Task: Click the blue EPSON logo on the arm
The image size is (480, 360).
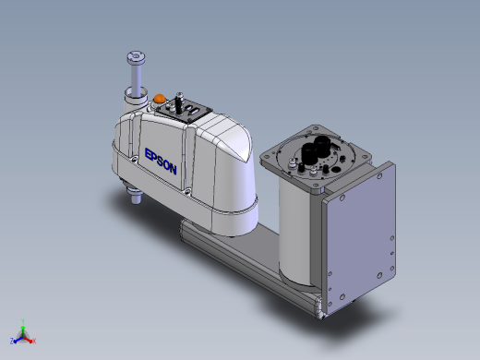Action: pyautogui.click(x=161, y=162)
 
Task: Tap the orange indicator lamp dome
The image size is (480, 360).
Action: pyautogui.click(x=160, y=99)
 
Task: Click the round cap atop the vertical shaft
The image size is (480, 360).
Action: pyautogui.click(x=136, y=57)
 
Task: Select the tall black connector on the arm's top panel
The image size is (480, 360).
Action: pyautogui.click(x=178, y=102)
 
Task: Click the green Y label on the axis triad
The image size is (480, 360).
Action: pyautogui.click(x=23, y=321)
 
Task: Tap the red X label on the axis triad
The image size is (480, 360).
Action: pyautogui.click(x=34, y=341)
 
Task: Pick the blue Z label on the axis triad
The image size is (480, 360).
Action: pyautogui.click(x=12, y=341)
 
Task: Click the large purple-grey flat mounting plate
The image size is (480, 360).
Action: pyautogui.click(x=360, y=237)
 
